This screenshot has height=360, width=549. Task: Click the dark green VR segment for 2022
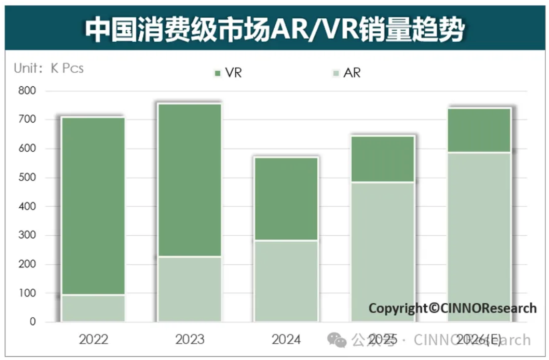pyautogui.click(x=93, y=206)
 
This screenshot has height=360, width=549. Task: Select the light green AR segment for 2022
pyautogui.click(x=93, y=308)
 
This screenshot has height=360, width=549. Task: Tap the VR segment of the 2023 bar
pyautogui.click(x=189, y=180)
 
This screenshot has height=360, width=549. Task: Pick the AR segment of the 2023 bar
pyautogui.click(x=189, y=289)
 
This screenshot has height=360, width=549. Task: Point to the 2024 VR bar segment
pyautogui.click(x=286, y=199)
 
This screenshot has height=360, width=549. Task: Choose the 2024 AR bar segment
pyautogui.click(x=286, y=281)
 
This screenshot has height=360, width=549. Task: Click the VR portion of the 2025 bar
pyautogui.click(x=383, y=159)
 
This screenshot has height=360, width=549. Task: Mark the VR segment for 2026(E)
pyautogui.click(x=479, y=130)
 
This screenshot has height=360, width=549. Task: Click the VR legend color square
pyautogui.click(x=218, y=73)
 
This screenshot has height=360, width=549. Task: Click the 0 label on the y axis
pyautogui.click(x=32, y=322)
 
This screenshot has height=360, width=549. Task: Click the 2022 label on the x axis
pyautogui.click(x=93, y=339)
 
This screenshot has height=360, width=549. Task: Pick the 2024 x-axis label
pyautogui.click(x=286, y=339)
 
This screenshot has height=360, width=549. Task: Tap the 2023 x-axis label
pyautogui.click(x=190, y=339)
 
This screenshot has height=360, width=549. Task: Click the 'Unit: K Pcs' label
pyautogui.click(x=49, y=68)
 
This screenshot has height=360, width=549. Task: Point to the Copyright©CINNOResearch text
pyautogui.click(x=453, y=308)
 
